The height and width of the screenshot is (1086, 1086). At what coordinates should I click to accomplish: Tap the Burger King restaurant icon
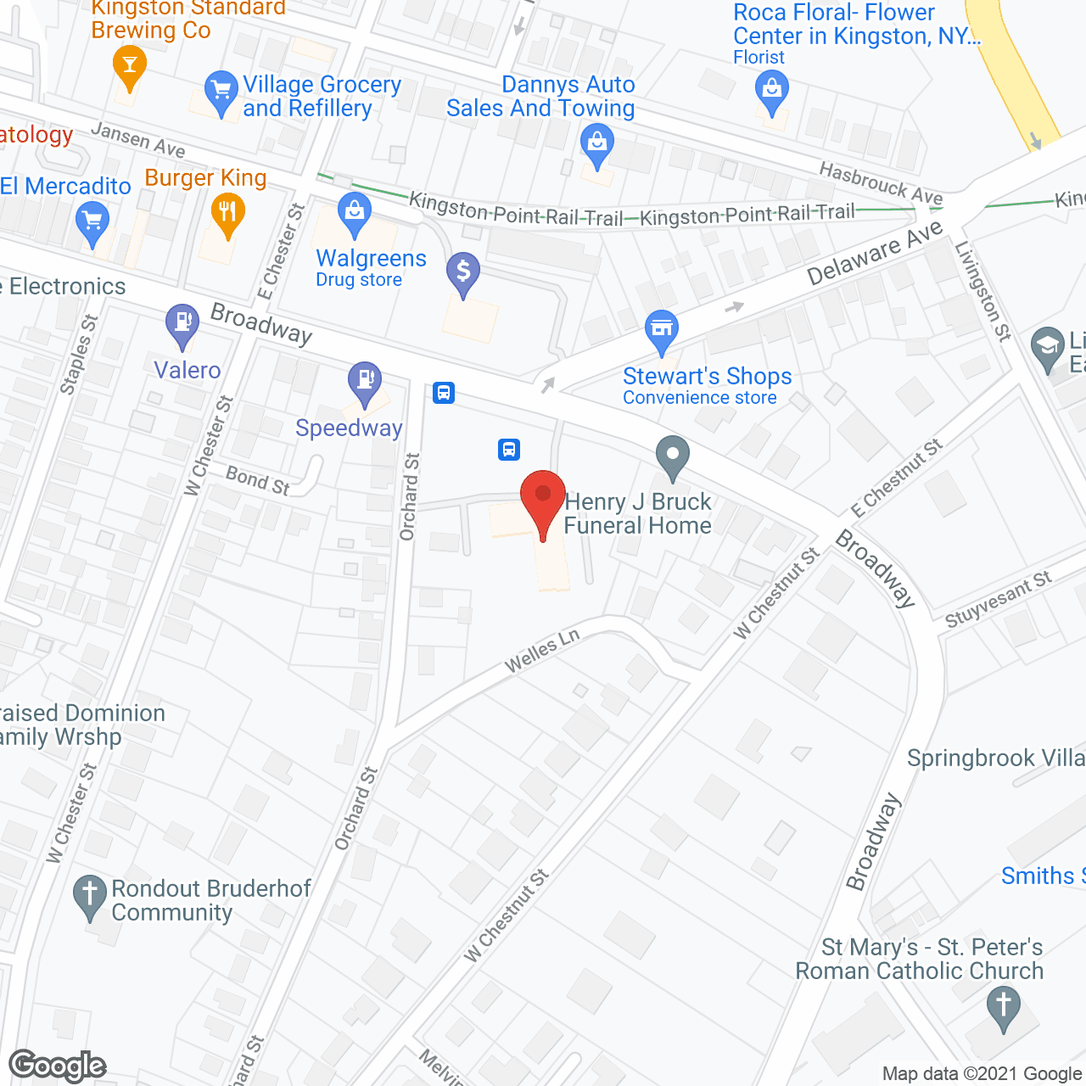coord(227,212)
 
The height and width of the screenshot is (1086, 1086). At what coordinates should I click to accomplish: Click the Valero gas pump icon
coord(182,323)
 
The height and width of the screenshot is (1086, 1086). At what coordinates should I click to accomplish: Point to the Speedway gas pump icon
coord(365,381)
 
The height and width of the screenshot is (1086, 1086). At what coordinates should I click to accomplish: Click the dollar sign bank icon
coord(463,272)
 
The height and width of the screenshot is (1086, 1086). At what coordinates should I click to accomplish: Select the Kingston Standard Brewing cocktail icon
coord(129,65)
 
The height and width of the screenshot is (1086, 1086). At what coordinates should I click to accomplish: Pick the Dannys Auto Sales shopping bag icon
coord(597,143)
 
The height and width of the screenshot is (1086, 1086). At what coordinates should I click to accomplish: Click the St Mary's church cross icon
coord(1004,1007)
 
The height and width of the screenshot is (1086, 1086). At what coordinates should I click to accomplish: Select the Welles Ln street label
coord(542,652)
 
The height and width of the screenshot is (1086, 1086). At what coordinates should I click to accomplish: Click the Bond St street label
coord(258,480)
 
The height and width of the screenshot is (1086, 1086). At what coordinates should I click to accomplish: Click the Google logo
coord(58,1066)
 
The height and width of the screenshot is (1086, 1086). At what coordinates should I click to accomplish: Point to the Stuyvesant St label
coord(998,600)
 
